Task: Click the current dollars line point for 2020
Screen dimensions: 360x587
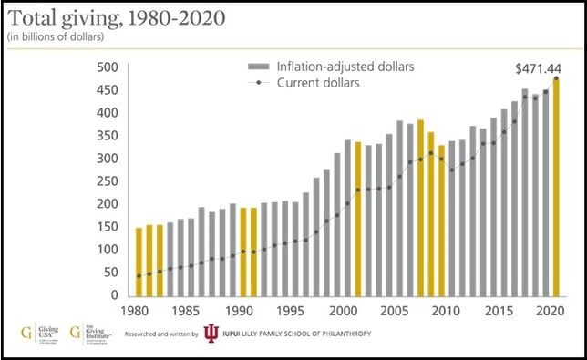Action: (x=555, y=78)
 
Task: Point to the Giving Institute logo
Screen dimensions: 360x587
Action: (x=92, y=332)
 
